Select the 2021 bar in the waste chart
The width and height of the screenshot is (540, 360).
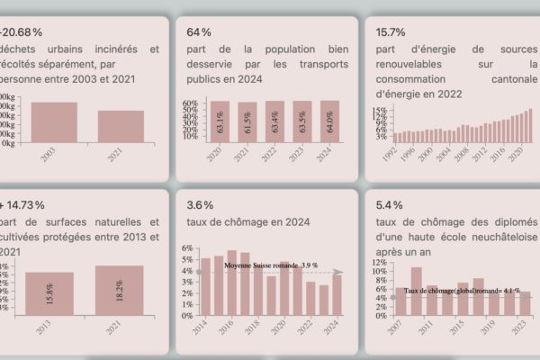tap(121, 126)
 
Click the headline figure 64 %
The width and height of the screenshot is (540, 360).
tap(199, 32)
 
